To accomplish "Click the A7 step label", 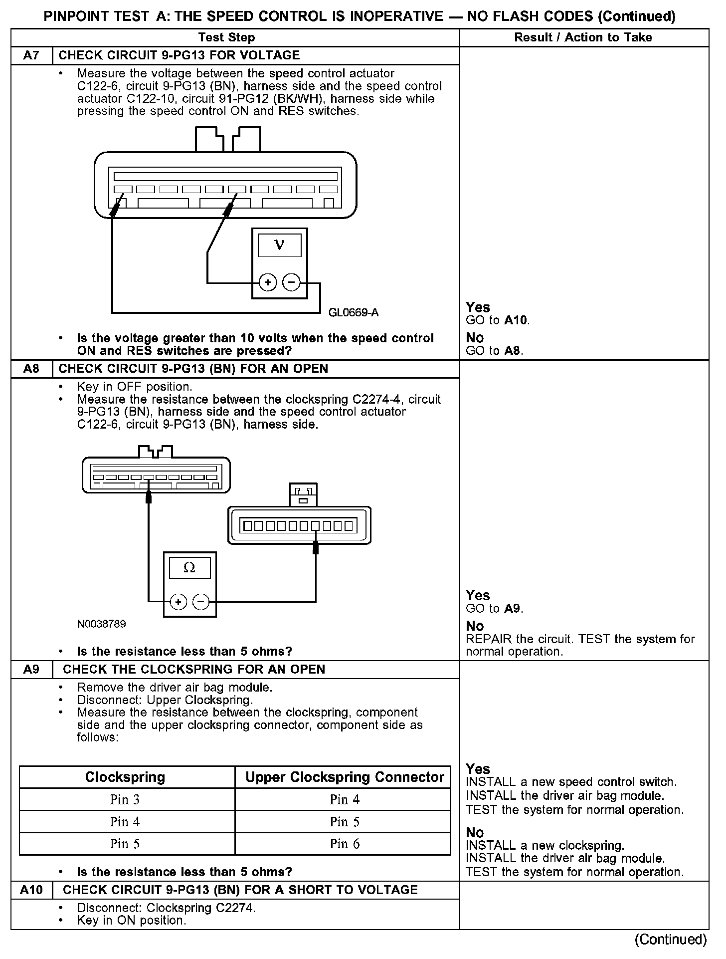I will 31,55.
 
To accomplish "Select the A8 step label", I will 31,369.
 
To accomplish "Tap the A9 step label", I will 31,669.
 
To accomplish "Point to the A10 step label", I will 31,890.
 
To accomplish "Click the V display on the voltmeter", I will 279,245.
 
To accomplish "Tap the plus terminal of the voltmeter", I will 268,283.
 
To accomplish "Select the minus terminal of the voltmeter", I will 291,283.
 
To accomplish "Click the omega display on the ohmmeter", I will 189,567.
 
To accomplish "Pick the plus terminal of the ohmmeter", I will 179,602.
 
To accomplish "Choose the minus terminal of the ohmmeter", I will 201,602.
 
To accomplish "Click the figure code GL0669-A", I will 354,313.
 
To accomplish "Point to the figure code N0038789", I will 101,624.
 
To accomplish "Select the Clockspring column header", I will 125,777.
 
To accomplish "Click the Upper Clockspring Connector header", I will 344,777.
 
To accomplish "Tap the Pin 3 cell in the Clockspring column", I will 125,799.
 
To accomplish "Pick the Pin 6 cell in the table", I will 344,843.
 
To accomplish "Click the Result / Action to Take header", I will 583,37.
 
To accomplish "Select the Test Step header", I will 226,37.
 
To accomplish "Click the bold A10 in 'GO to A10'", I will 516,320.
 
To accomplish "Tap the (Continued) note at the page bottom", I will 670,940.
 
